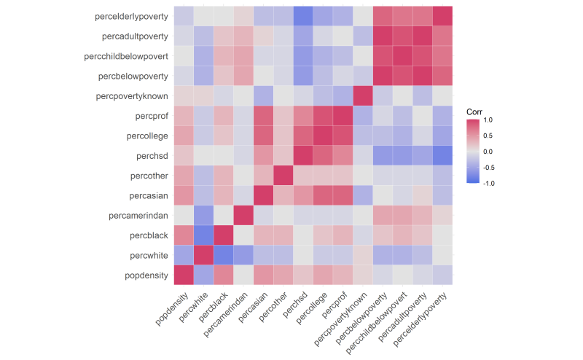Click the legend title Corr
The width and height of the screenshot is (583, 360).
pyautogui.click(x=475, y=111)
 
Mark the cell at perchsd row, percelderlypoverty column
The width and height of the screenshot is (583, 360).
pyautogui.click(x=442, y=155)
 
